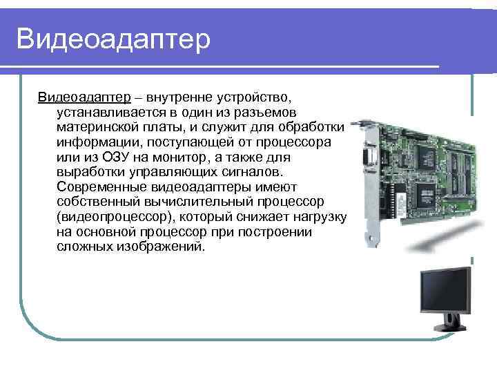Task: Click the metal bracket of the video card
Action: [364, 186]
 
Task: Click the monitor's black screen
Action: [445, 289]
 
